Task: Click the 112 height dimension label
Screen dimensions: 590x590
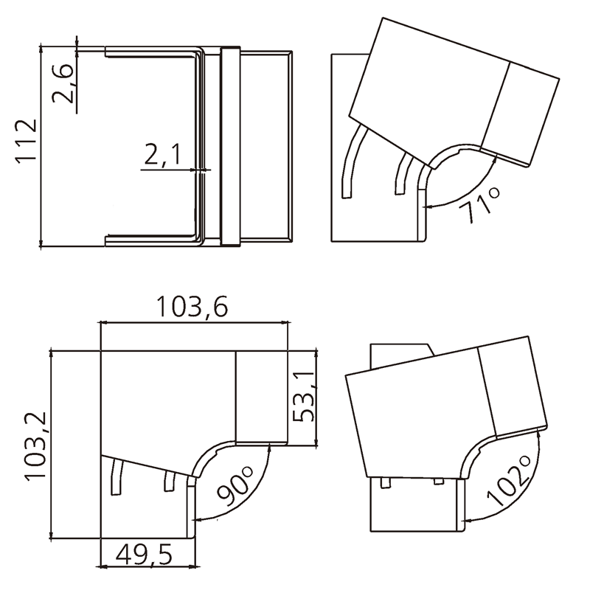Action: [27, 141]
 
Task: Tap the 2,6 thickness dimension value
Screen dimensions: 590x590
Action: [63, 83]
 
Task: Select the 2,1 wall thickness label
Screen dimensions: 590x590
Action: [162, 155]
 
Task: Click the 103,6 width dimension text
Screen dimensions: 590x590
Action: [192, 307]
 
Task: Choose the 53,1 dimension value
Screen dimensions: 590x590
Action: [303, 397]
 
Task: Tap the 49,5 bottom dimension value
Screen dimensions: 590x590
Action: [144, 555]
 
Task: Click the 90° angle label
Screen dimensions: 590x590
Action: [235, 486]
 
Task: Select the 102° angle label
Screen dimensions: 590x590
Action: [509, 481]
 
